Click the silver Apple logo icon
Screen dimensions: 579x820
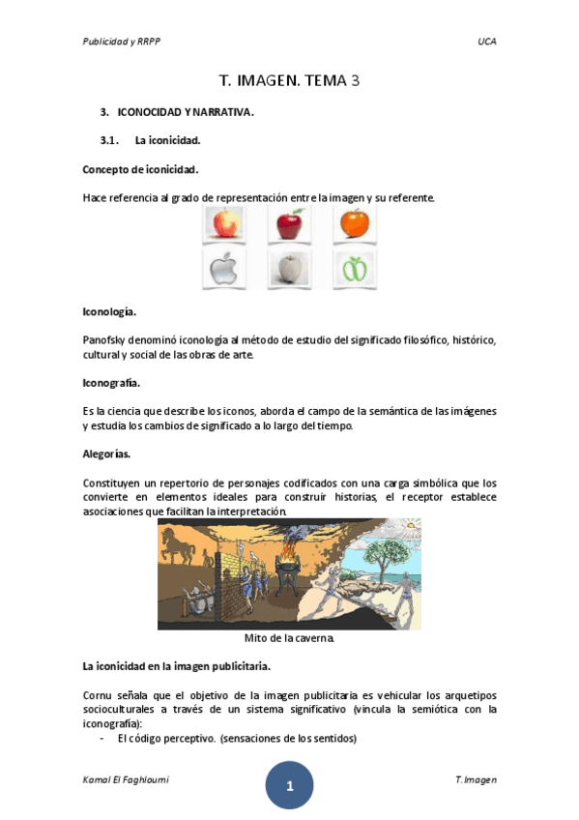[223, 269]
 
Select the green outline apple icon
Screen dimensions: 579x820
[355, 269]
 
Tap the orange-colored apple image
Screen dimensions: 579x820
[355, 225]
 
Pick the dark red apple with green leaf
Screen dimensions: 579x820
[289, 225]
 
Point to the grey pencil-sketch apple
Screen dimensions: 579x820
[289, 269]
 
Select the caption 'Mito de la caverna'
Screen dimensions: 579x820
[289, 638]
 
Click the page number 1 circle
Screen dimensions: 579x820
[289, 785]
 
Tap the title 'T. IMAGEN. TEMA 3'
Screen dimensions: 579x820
[289, 81]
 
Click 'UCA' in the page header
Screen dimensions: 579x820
[486, 42]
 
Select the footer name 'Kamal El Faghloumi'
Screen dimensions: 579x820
[120, 779]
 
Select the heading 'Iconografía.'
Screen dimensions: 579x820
[112, 382]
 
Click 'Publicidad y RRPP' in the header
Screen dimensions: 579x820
[121, 42]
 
